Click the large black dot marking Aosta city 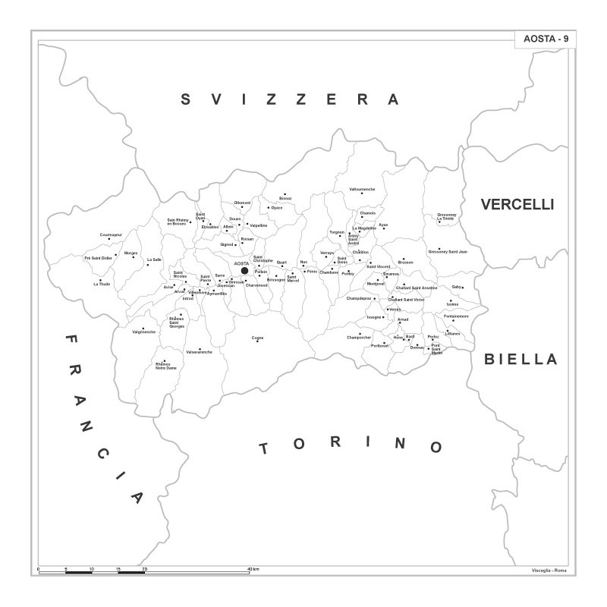tap(244, 270)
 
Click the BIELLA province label tap(521, 359)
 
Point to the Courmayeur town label tap(111, 234)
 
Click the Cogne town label tap(258, 338)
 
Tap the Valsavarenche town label tap(199, 351)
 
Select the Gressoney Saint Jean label tap(448, 251)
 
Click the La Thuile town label tap(102, 284)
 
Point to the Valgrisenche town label tap(143, 332)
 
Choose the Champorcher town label tap(359, 337)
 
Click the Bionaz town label tap(285, 198)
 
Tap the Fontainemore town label tap(456, 316)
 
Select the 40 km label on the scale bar tap(253, 568)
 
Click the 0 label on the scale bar tap(39, 568)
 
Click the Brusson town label tap(405, 263)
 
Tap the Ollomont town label tap(242, 203)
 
